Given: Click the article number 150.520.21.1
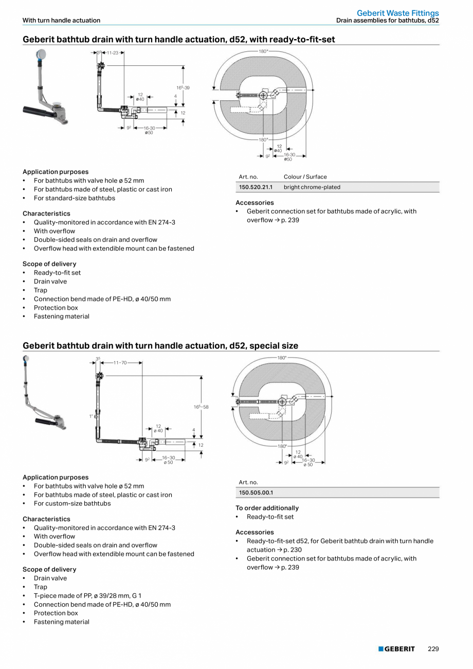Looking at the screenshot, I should pos(256,187).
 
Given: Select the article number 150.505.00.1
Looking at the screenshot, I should pos(256,492).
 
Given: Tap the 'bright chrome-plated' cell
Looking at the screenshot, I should pos(312,187).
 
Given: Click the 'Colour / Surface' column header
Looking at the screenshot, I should pos(305,177).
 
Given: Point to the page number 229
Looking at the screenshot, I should pos(433,649).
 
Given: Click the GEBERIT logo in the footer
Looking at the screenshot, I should pos(396,649).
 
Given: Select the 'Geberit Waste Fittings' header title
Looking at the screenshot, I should pos(397,13).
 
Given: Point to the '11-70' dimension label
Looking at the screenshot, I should pos(120,363).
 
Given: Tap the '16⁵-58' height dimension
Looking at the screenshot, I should pos(201,407).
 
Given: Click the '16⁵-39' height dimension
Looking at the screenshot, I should pos(184,88).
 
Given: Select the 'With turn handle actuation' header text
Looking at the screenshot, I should pos(61,21).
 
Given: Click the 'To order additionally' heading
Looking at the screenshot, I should pos(267,508).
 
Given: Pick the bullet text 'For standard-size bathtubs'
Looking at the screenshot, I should pos(75,198).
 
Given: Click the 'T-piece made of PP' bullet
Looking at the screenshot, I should pos(87,595).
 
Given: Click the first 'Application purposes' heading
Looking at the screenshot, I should pos(56,172).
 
